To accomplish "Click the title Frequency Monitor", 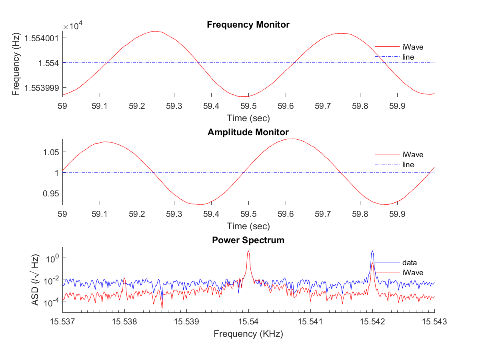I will click(248, 25).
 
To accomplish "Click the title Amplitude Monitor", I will click(248, 132).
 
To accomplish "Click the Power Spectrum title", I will click(248, 240).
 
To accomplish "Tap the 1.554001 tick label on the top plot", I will click(41, 38).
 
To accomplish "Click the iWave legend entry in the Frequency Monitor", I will click(413, 47).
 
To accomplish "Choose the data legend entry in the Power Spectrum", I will click(409, 263).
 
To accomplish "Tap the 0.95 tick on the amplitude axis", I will click(51, 193).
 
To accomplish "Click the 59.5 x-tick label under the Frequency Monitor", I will click(248, 106).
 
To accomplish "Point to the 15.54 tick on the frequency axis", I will click(248, 321).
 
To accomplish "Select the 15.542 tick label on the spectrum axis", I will click(372, 321).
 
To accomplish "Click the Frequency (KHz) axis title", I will click(248, 334).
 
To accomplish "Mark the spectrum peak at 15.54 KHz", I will click(248, 251).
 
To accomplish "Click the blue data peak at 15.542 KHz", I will click(372, 251).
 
